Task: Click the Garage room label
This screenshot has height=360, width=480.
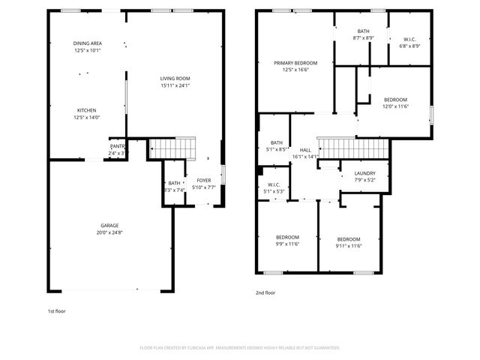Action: click(110, 225)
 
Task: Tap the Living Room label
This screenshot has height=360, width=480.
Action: click(175, 79)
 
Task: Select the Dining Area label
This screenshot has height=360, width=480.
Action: click(87, 43)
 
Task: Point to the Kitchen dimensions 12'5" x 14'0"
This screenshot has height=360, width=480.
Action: click(87, 117)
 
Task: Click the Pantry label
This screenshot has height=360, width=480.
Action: click(118, 147)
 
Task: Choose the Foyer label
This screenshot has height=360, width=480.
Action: click(203, 181)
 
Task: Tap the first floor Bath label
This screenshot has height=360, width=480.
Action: click(174, 183)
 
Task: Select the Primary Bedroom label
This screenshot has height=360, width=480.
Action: click(295, 63)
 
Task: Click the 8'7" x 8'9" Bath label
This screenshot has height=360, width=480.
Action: click(363, 31)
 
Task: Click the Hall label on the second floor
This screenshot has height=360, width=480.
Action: click(305, 150)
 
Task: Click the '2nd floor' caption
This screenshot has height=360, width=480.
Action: click(265, 292)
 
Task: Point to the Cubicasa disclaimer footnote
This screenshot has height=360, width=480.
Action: click(240, 347)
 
